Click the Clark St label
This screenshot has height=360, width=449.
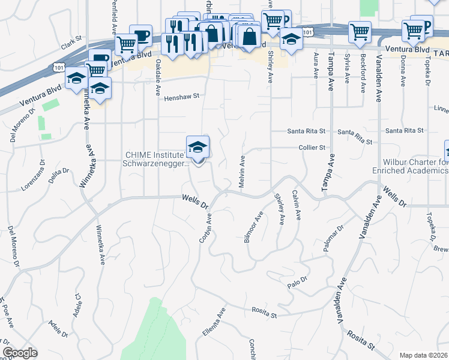click(x=71, y=46)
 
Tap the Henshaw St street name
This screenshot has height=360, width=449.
click(x=181, y=96)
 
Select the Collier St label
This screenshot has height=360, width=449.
click(x=313, y=147)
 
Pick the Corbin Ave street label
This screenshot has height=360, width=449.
click(x=206, y=227)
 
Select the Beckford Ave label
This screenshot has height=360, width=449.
click(x=363, y=73)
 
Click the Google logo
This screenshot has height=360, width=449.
click(x=20, y=353)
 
